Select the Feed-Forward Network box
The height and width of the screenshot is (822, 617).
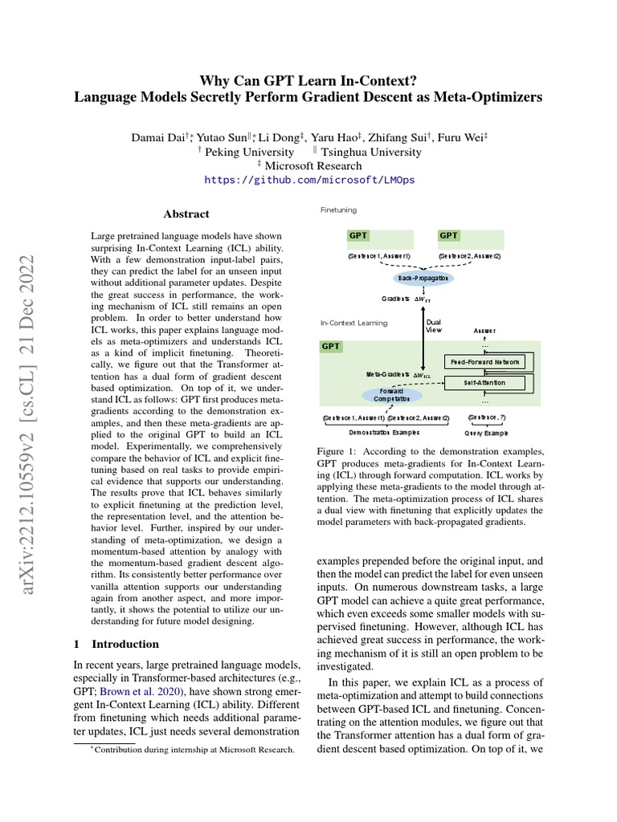484,362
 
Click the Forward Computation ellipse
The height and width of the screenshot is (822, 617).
391,395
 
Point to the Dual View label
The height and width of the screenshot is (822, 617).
433,325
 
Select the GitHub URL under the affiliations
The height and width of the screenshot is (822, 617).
309,181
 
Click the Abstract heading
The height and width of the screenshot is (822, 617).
186,214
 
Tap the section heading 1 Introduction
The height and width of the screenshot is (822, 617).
116,644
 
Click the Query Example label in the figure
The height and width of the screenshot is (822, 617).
487,432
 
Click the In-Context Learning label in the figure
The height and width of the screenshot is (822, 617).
353,324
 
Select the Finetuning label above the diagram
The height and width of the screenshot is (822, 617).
338,210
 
